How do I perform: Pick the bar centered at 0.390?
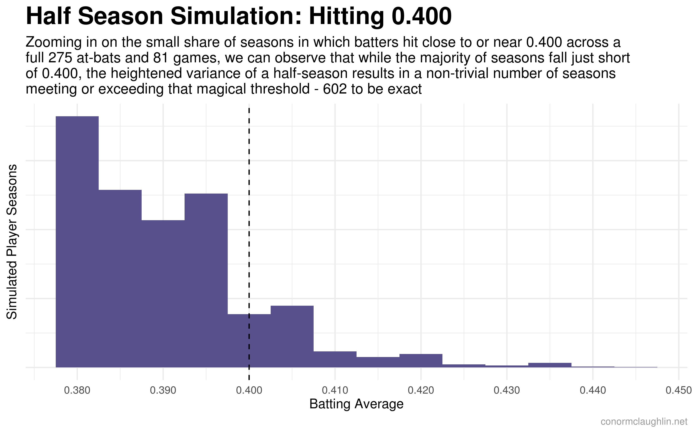tap(163, 294)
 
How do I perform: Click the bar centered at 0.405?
tap(292, 336)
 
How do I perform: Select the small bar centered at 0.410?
tap(335, 359)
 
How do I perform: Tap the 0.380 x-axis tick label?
tap(77, 390)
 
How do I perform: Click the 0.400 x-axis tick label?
tap(249, 390)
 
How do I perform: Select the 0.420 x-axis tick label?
tap(421, 390)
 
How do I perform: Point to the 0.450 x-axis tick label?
tap(679, 390)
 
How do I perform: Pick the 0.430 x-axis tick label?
tap(507, 390)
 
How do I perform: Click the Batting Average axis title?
tap(357, 404)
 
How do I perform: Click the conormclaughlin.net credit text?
tap(644, 422)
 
